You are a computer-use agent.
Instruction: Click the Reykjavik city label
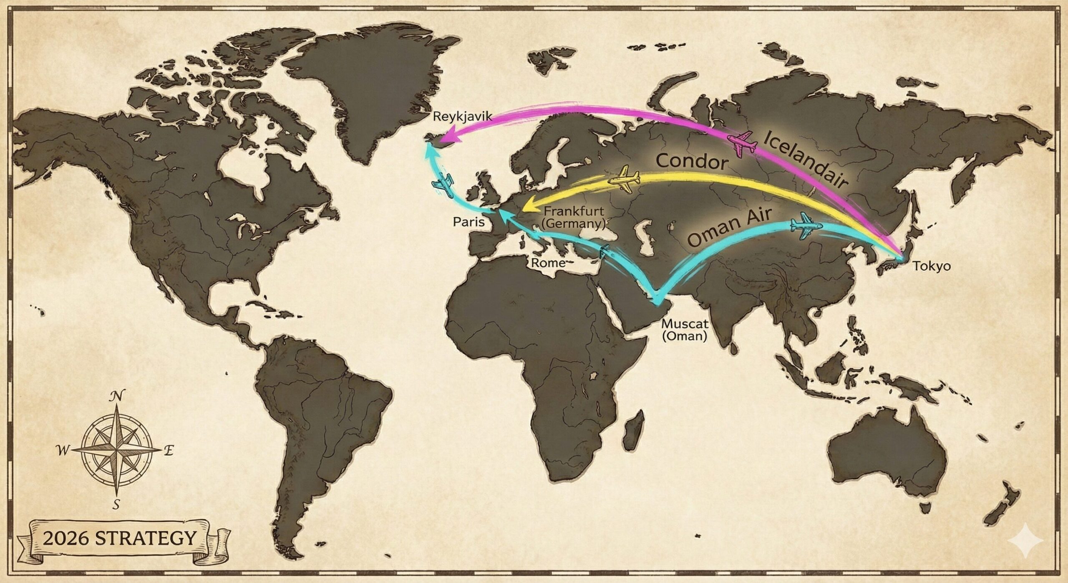click(463, 117)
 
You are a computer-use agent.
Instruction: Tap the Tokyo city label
click(932, 266)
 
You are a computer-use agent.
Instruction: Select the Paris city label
click(469, 221)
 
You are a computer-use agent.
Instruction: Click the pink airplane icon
click(742, 144)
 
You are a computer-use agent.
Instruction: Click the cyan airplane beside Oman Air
click(806, 226)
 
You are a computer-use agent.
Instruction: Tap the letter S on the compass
click(116, 504)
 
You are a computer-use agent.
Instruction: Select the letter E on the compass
click(169, 451)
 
